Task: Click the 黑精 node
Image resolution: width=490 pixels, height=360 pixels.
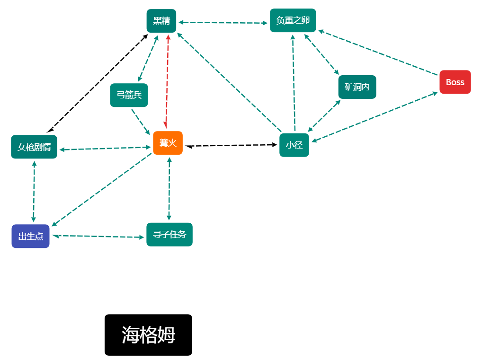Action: pyautogui.click(x=161, y=21)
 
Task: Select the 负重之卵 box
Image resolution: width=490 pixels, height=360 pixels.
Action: pyautogui.click(x=293, y=20)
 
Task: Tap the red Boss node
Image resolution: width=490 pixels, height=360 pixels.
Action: pyautogui.click(x=455, y=82)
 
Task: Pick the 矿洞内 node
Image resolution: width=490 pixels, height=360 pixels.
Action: pyautogui.click(x=357, y=87)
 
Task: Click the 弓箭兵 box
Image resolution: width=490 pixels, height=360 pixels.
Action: pyautogui.click(x=129, y=95)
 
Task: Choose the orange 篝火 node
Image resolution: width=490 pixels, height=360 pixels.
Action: pyautogui.click(x=168, y=143)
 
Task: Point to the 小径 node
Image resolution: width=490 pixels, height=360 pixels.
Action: pyautogui.click(x=294, y=145)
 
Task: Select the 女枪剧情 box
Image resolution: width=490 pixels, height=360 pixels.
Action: pyautogui.click(x=34, y=147)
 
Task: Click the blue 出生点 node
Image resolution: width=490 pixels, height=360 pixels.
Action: pyautogui.click(x=30, y=236)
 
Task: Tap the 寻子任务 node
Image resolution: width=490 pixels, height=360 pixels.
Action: pyautogui.click(x=169, y=235)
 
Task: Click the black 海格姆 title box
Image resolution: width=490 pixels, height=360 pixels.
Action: pyautogui.click(x=149, y=335)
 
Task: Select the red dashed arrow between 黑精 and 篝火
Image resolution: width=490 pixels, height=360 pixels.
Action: pyautogui.click(x=167, y=81)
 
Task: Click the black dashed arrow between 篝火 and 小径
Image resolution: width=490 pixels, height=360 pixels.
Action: pyautogui.click(x=231, y=145)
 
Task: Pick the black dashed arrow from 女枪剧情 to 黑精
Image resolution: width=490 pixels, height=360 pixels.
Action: pyautogui.click(x=97, y=83)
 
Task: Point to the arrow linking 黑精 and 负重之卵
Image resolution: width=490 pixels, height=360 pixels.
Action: pyautogui.click(x=223, y=23)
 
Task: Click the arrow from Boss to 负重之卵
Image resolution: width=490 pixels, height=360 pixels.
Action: pyautogui.click(x=378, y=53)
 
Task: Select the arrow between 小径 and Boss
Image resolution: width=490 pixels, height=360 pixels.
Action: pyautogui.click(x=374, y=117)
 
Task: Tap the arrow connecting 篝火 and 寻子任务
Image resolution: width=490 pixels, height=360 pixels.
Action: pyautogui.click(x=169, y=189)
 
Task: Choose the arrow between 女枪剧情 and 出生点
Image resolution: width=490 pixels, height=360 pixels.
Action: pyautogui.click(x=34, y=192)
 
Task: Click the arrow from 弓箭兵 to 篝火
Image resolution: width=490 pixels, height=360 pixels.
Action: pyautogui.click(x=141, y=122)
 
